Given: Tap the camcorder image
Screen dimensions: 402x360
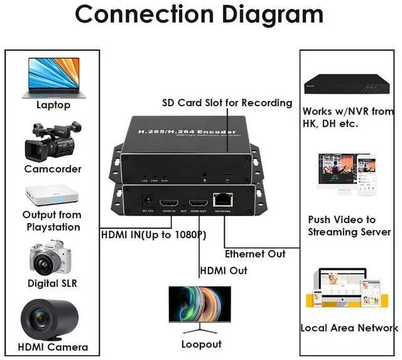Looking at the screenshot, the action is click(53, 141).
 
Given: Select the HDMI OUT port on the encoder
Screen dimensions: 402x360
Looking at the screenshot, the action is click(198, 204).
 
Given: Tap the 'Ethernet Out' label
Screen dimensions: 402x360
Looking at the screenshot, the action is click(255, 254).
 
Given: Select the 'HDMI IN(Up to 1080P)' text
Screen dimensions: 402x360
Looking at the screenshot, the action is click(154, 236).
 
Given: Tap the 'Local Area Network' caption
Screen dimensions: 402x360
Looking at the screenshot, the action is click(349, 327).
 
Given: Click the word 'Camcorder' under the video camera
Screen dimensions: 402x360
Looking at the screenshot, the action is click(53, 169).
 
